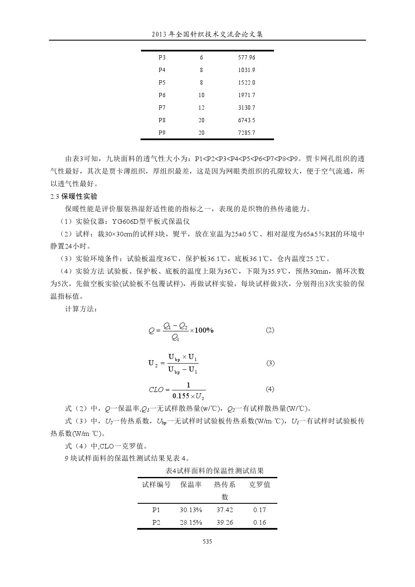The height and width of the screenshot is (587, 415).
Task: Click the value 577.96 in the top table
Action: coord(246,58)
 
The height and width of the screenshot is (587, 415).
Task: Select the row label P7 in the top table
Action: coord(162,108)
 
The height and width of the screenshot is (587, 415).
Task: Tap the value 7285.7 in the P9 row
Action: coord(246,133)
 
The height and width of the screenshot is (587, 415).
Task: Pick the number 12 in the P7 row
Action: coord(201,108)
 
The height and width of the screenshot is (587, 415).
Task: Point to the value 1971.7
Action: coord(246,95)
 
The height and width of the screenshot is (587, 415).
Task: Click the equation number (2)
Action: coord(270,330)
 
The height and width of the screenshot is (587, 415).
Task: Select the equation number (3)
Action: coord(270,363)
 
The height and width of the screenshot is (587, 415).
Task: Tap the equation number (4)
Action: coord(270,389)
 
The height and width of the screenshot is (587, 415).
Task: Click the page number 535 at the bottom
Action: coord(207,541)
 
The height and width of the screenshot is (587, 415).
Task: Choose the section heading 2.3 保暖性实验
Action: coord(74,196)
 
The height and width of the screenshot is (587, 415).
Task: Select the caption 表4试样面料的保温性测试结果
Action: coord(215,471)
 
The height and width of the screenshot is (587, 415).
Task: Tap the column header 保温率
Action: coord(191,484)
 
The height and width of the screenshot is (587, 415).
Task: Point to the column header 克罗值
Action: coord(259,484)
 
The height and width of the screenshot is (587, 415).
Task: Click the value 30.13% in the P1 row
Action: coord(191,510)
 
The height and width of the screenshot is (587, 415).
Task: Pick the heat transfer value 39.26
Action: coord(225,523)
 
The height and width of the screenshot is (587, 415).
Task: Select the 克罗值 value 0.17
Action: coord(259,510)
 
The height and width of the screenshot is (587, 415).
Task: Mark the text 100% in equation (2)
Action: coord(204,331)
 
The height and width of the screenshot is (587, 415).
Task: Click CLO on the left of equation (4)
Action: coord(156,390)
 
